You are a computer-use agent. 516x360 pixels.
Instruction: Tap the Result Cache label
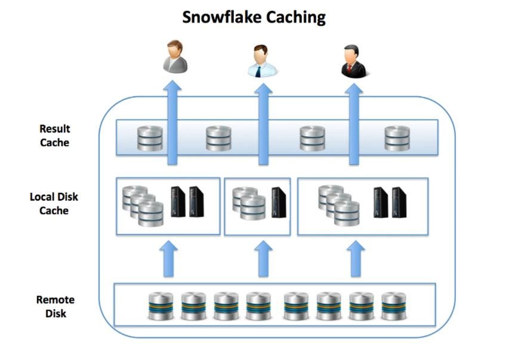point(54,136)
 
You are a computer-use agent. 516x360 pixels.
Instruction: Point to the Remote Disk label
point(55,306)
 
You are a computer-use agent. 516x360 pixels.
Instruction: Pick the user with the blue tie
point(262,61)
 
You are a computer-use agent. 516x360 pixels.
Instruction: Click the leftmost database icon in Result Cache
point(150,138)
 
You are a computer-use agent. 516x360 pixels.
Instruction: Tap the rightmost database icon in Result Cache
point(397,138)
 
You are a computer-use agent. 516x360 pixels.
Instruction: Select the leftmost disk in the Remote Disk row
point(161,306)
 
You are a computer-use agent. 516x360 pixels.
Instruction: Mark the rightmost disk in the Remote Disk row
point(393,306)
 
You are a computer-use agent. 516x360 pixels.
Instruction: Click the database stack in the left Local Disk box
point(143,206)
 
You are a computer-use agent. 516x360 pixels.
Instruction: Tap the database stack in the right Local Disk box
point(339,205)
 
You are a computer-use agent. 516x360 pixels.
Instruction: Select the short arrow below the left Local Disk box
point(169,259)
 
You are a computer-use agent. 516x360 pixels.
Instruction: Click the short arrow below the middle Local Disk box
point(263,259)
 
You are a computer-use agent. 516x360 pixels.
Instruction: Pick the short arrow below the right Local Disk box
point(356,259)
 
